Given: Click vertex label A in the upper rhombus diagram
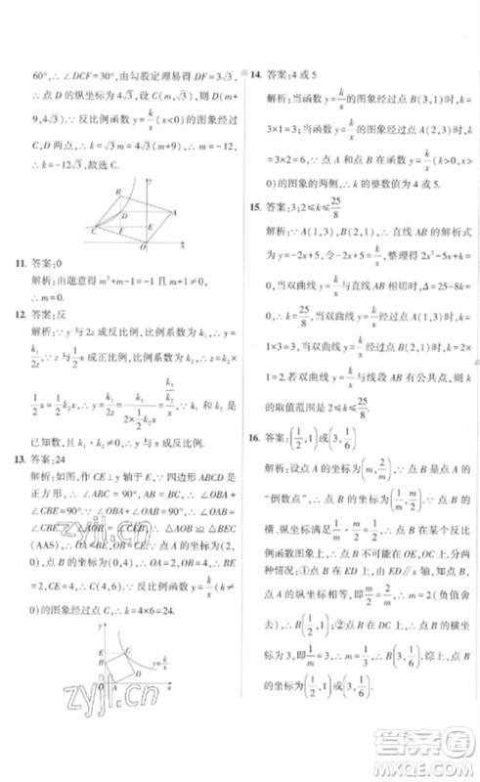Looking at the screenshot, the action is coord(173,211).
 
